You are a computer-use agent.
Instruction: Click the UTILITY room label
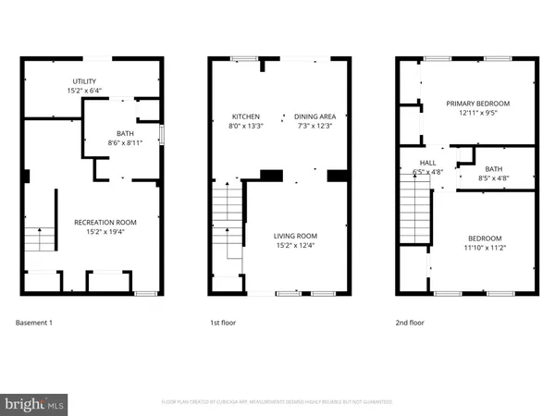tap(84, 81)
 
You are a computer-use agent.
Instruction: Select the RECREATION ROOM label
tap(105, 222)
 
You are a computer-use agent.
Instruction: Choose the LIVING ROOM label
tap(295, 236)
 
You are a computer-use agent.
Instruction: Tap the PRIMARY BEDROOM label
tap(477, 103)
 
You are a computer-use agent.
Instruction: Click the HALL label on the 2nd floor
tap(428, 162)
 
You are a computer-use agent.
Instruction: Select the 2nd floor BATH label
tap(493, 168)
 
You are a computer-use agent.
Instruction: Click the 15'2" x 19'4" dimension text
tap(105, 232)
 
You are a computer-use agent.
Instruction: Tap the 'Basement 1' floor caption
tap(35, 323)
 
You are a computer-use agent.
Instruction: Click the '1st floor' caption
tap(223, 323)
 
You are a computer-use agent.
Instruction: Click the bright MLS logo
tap(35, 403)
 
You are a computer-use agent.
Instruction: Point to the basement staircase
tap(38, 239)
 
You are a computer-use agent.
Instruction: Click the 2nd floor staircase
tap(414, 209)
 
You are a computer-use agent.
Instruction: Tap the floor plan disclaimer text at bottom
tap(277, 402)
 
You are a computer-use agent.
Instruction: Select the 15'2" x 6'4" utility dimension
tap(84, 91)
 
